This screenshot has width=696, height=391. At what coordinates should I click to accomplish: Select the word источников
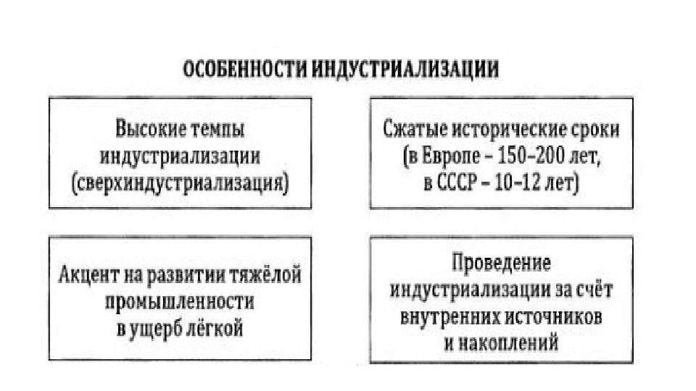click(552, 315)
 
